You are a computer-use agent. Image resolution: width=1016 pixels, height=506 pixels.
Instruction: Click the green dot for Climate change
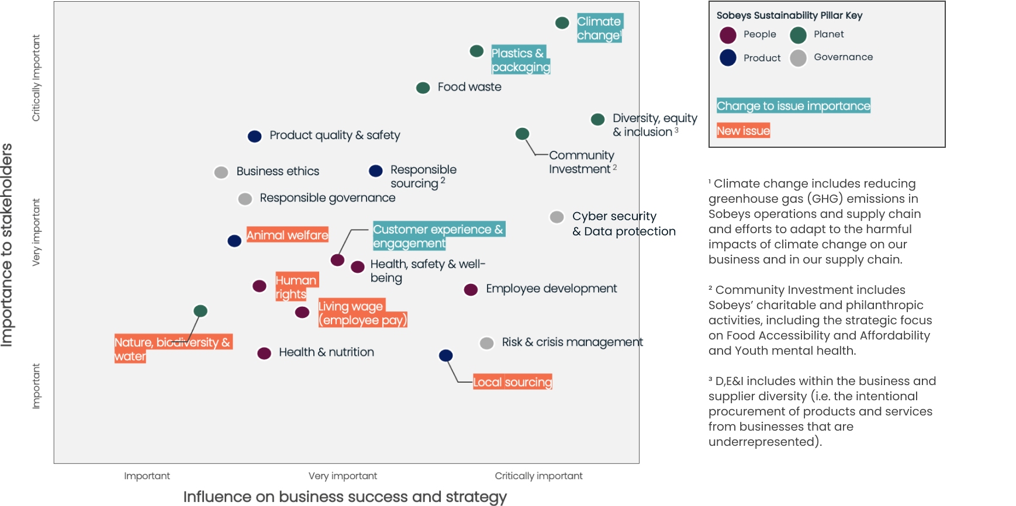pos(562,23)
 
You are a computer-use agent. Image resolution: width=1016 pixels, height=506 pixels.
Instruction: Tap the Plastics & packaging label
pos(520,60)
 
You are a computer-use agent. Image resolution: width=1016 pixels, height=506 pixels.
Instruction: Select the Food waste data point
pos(423,88)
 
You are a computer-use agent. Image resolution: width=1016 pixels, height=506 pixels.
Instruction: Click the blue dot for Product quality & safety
pos(254,136)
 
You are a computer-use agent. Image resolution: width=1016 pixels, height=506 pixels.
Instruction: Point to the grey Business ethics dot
pos(221,172)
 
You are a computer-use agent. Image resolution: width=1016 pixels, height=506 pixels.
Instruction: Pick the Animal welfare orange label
pos(287,235)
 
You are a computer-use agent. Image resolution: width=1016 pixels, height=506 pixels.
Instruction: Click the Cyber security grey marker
pos(557,217)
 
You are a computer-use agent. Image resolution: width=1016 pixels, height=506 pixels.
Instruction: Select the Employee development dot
pos(471,289)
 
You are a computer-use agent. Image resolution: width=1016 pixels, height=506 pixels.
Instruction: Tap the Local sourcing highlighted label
pos(512,382)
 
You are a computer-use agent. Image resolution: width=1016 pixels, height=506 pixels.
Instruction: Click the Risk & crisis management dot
pos(486,343)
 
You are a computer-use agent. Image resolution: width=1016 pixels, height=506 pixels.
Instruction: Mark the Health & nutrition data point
pos(264,353)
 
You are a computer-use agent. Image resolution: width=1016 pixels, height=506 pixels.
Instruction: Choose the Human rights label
pos(296,286)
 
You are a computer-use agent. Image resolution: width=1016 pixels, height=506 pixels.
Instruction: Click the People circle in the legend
pos(728,35)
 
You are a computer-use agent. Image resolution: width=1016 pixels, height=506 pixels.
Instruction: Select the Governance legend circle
pos(798,58)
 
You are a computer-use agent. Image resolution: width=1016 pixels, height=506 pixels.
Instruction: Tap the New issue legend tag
pos(743,130)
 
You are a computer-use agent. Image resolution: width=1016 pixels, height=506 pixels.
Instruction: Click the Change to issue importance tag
pos(793,106)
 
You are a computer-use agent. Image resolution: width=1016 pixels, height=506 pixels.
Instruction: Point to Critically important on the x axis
pos(538,476)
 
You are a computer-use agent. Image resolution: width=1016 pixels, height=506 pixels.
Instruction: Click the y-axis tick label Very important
pos(36,232)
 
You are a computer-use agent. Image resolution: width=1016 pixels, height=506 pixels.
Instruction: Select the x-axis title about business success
pos(345,497)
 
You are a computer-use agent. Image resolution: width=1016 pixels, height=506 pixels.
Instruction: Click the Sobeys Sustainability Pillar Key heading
pos(789,15)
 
